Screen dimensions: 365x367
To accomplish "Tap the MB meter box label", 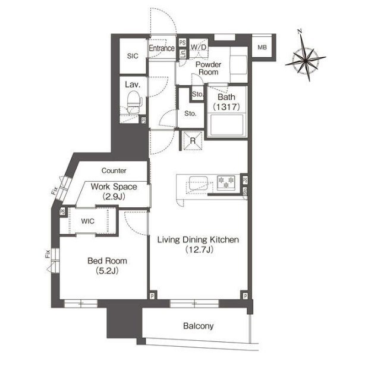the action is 262,47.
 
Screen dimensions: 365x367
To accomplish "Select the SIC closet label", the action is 133,56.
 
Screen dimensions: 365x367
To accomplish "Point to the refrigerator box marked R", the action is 193,141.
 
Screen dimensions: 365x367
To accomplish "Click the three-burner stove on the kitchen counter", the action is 226,182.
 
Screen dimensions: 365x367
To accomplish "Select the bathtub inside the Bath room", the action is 227,125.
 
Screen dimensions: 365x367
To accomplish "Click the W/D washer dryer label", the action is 199,47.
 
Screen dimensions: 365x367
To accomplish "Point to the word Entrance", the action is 162,48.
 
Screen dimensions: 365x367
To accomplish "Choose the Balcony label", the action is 199,326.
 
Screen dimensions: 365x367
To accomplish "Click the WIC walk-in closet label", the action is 88,221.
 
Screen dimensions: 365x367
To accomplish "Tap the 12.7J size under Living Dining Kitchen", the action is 199,250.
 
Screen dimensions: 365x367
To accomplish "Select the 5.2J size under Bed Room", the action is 107,271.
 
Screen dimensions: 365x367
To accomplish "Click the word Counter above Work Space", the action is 114,170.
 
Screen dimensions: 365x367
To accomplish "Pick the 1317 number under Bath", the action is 226,107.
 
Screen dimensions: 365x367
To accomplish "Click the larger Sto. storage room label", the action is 190,114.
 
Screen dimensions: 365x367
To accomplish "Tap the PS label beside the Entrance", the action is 182,43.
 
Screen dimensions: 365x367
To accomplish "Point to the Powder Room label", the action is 208,68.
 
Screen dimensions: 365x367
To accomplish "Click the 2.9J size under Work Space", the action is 114,197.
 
